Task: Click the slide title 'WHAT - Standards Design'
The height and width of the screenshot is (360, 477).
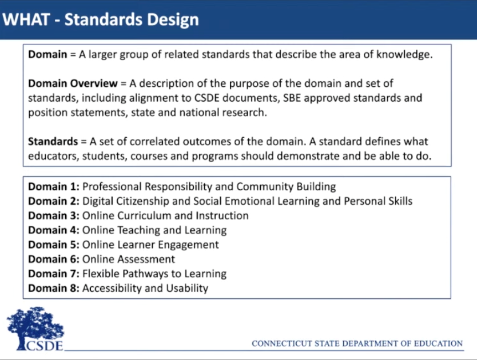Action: (101, 19)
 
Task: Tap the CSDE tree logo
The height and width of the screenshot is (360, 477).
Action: (35, 329)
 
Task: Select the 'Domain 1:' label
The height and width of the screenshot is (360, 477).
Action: (54, 186)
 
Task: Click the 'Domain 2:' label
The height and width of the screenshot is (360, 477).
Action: (54, 201)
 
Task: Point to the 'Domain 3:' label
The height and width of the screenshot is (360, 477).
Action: (54, 215)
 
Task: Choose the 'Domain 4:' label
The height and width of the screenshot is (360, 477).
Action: (54, 230)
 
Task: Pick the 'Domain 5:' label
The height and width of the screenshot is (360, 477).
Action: (54, 245)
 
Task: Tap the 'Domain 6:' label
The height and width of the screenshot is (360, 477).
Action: (54, 259)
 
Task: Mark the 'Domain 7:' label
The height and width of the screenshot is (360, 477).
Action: (54, 274)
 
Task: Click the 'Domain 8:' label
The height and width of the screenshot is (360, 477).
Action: (54, 288)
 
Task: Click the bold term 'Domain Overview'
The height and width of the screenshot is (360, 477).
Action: (73, 83)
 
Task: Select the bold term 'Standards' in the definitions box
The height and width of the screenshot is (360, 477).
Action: (53, 141)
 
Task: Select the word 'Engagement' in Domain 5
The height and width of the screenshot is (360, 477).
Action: (188, 245)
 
